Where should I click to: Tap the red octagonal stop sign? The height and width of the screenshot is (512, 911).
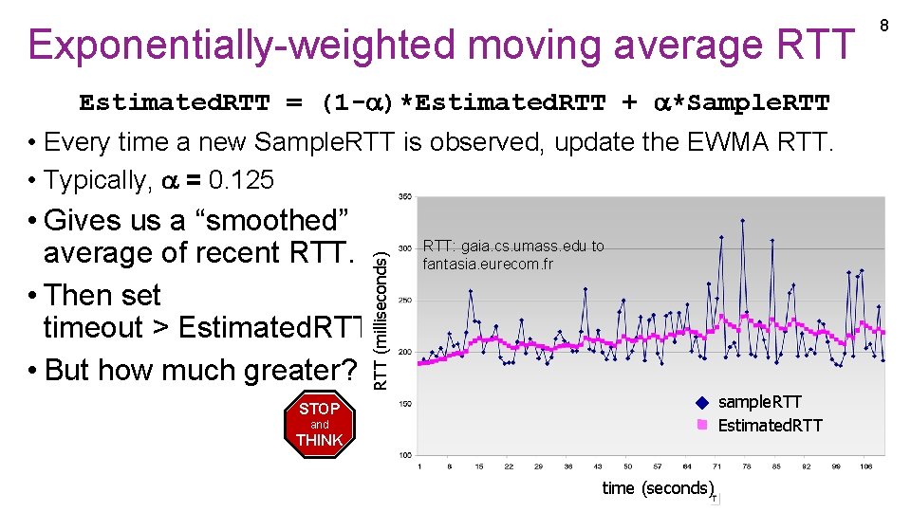point(320,425)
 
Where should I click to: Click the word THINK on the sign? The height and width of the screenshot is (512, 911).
point(320,441)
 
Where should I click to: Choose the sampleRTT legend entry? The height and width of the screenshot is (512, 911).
point(759,402)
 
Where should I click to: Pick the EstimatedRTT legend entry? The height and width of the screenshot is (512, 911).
point(769,426)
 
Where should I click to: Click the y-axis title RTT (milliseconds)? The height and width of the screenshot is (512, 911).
point(380,319)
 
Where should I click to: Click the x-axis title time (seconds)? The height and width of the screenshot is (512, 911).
point(657,487)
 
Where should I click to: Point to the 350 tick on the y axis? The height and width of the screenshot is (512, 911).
point(404,197)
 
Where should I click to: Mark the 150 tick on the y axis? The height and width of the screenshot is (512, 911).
point(404,404)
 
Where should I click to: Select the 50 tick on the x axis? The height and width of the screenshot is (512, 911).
point(627,466)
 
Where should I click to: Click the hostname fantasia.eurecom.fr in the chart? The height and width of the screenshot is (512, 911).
point(488,264)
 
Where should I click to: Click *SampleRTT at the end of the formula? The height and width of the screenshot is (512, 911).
point(751,102)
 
